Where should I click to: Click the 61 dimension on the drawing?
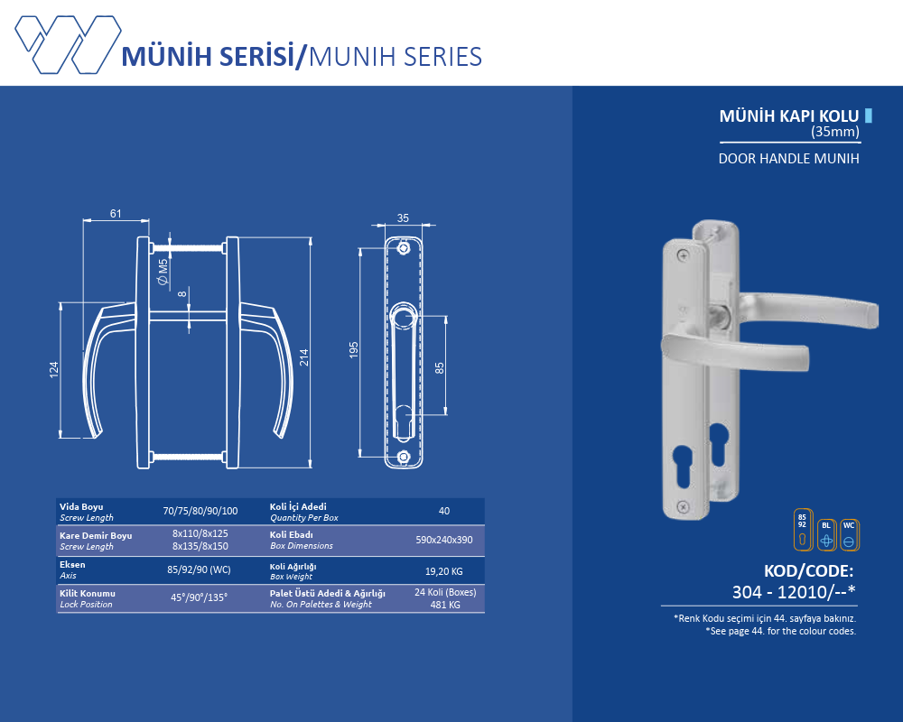116,214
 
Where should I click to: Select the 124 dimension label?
54,370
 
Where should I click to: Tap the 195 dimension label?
354,351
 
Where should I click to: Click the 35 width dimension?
403,218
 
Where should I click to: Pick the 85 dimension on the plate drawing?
439,367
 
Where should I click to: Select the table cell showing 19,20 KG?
443,571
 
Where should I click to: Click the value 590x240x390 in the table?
443,540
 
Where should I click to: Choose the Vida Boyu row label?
79,507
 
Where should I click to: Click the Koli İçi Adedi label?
298,507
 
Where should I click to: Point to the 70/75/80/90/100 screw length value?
200,512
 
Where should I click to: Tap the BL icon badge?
826,535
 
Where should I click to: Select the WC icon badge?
849,535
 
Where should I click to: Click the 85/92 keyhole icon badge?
802,531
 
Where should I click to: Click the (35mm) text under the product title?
834,132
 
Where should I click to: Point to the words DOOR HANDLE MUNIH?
788,158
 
